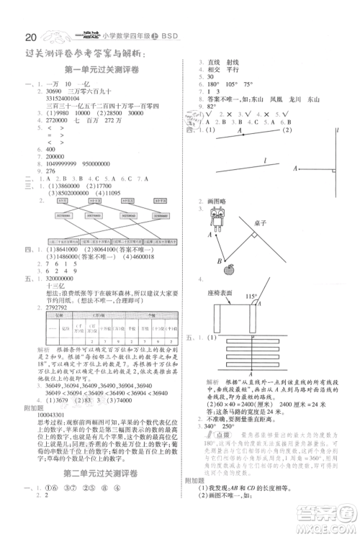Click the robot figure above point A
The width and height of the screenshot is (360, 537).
pyautogui.click(x=215, y=217)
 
